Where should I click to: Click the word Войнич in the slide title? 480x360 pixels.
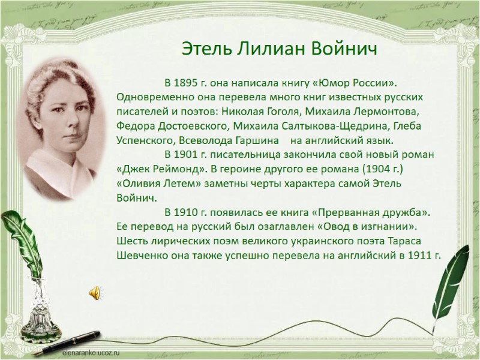346,48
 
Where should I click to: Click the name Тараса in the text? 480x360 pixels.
422,241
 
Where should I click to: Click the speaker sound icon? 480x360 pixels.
95,292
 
